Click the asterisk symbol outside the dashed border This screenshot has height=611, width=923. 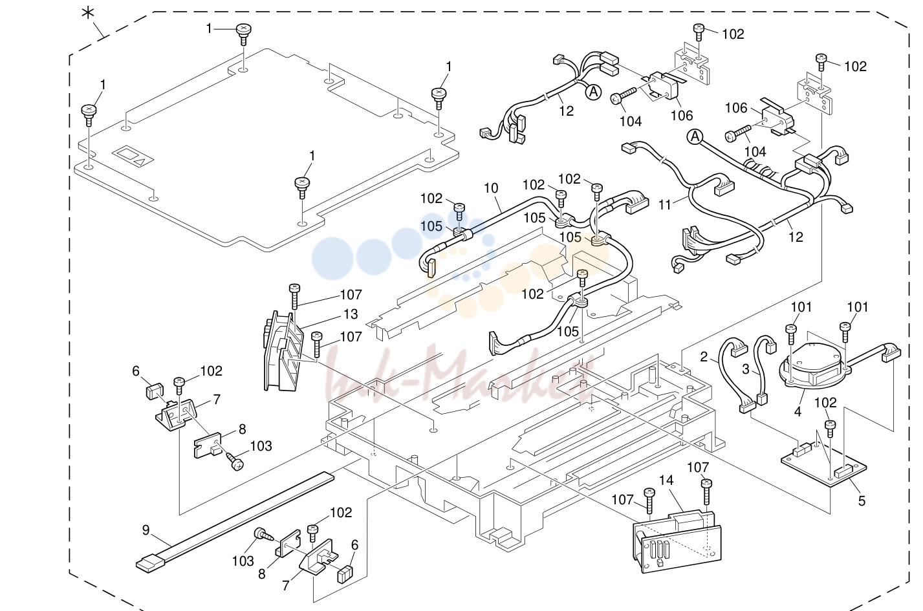click(88, 13)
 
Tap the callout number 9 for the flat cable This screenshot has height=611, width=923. click(146, 530)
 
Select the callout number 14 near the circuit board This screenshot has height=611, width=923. click(666, 480)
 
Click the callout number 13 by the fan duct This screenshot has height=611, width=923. click(351, 314)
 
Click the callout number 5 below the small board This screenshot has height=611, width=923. click(862, 500)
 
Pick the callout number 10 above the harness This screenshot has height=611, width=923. click(491, 188)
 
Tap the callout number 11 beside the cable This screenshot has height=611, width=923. click(665, 204)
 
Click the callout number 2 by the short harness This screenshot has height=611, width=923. click(704, 357)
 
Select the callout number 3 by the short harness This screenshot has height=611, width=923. click(745, 369)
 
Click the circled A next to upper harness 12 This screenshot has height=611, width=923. click(593, 92)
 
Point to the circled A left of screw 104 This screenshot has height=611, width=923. click(695, 137)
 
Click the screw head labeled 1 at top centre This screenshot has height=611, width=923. click(243, 29)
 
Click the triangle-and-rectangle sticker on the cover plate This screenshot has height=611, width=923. click(133, 156)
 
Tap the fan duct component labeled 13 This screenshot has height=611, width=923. click(283, 352)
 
